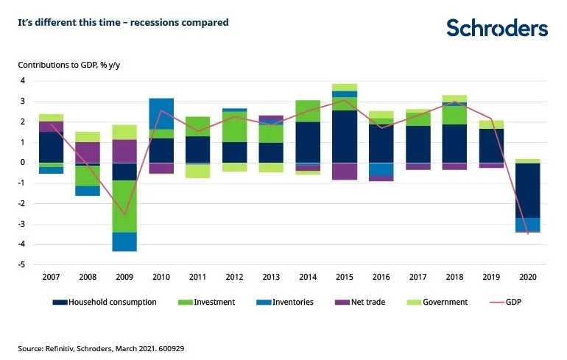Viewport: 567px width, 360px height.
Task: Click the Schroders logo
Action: tap(497, 28)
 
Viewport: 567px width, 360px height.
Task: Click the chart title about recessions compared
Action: tap(123, 22)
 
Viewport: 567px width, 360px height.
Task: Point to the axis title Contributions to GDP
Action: tap(69, 65)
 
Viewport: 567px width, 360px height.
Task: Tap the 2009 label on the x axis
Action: tap(124, 277)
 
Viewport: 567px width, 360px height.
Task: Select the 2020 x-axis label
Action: tap(528, 277)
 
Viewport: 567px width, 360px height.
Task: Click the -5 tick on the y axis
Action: tap(21, 264)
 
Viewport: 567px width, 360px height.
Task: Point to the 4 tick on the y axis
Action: tap(23, 80)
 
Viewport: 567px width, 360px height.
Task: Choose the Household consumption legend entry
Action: tap(105, 302)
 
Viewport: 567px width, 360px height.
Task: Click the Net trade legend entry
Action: tap(360, 302)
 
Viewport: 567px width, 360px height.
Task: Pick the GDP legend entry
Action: tap(506, 302)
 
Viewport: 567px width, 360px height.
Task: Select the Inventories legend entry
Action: tap(285, 302)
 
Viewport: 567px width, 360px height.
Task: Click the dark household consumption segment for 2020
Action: tap(527, 191)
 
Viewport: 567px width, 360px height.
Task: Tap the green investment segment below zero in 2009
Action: tap(124, 206)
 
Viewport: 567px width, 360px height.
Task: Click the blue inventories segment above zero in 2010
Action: tap(161, 113)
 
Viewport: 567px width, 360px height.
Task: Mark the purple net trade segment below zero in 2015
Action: tap(345, 172)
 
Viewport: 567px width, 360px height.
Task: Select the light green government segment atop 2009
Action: tap(124, 133)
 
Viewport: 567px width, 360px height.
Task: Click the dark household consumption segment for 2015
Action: tap(345, 137)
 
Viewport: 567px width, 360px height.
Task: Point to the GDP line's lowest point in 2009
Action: tap(124, 214)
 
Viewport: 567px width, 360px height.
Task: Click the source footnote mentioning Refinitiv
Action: tap(101, 349)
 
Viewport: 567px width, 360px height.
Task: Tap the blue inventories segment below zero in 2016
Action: tap(381, 169)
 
